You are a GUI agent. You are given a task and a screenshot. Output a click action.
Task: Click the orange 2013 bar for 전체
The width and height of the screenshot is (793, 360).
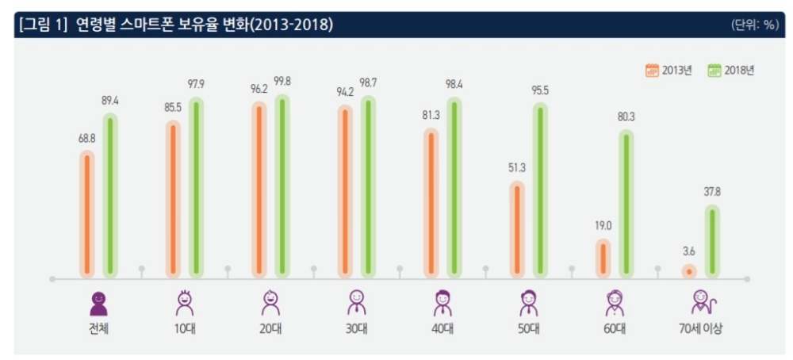(x=87, y=214)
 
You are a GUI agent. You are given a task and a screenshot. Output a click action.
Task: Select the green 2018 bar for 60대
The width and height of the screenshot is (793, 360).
(x=626, y=205)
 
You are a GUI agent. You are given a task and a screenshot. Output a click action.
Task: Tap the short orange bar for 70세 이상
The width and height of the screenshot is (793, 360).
(x=689, y=271)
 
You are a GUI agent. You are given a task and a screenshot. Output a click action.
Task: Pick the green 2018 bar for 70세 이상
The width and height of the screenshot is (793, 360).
(x=712, y=241)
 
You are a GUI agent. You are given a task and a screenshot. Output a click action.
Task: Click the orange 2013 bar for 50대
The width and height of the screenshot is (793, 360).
(x=517, y=230)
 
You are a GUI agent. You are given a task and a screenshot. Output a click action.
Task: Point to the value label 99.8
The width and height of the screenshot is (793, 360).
(x=282, y=82)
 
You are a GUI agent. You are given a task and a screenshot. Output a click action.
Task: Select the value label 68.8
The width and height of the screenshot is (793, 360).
(x=87, y=139)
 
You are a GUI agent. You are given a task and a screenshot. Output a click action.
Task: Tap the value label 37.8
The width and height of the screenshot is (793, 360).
(x=712, y=192)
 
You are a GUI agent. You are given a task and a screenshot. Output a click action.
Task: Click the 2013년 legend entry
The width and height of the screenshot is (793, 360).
(x=668, y=70)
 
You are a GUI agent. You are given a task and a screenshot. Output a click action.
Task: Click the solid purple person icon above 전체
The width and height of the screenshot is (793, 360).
(x=98, y=302)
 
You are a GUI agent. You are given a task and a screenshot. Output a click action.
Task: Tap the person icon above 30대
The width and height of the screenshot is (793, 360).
(x=357, y=302)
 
